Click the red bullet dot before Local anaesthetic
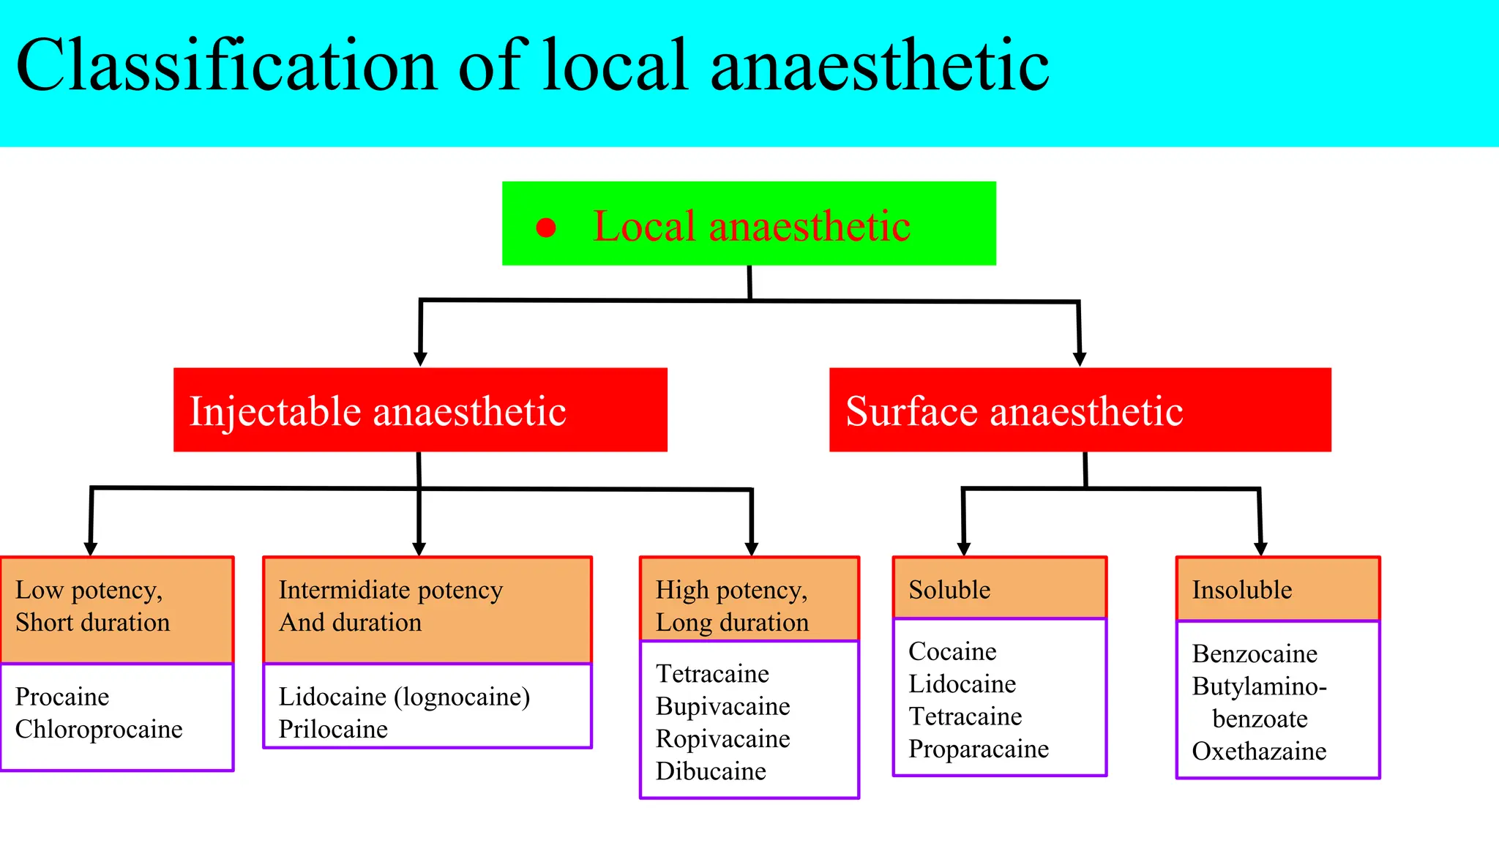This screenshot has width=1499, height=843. (546, 228)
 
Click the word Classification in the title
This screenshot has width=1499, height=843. (227, 66)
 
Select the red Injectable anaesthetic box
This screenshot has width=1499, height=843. (420, 410)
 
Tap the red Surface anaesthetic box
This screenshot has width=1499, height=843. (1080, 410)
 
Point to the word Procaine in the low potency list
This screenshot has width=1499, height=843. (62, 697)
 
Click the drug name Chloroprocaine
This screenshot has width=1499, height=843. (99, 730)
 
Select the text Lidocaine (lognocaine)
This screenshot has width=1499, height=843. (404, 697)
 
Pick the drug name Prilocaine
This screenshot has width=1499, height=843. (333, 730)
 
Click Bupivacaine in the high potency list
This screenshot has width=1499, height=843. (722, 706)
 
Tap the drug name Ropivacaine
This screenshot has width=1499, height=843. (722, 739)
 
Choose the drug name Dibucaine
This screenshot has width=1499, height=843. (711, 771)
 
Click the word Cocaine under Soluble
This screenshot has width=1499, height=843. (952, 651)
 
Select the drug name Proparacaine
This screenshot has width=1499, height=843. (979, 749)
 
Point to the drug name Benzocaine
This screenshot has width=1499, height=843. (1255, 653)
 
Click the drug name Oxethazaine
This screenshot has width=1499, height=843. (1259, 752)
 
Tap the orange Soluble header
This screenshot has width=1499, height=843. (999, 589)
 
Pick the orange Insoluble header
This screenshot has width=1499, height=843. (1277, 589)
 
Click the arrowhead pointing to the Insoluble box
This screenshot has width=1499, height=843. (1260, 549)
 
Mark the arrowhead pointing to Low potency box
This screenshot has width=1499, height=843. (91, 549)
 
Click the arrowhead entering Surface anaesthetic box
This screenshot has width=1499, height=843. (1080, 359)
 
